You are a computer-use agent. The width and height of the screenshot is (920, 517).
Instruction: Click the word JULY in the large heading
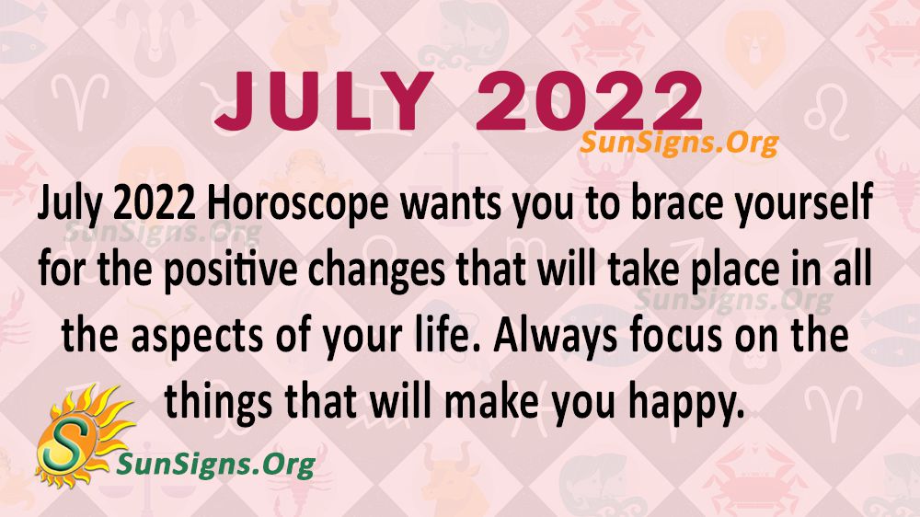[324, 101]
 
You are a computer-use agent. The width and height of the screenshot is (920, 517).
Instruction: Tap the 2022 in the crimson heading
[590, 101]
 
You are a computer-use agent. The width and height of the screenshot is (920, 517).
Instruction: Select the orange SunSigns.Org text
[680, 143]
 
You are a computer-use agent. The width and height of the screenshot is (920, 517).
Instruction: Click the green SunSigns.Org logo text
[216, 465]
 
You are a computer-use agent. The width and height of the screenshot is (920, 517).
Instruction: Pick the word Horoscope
[297, 205]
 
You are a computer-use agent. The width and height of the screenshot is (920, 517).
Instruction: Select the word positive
[231, 271]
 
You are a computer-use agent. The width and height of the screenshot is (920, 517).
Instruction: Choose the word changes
[376, 271]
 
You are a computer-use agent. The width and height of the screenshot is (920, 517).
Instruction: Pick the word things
[219, 405]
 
